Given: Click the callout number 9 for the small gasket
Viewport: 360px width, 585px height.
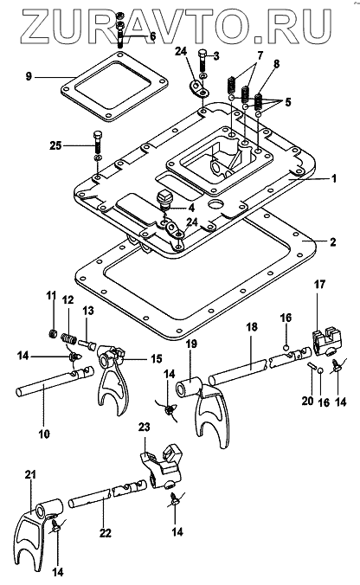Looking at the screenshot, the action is (29, 77).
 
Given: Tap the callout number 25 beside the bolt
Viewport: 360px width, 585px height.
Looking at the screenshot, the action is (56, 145).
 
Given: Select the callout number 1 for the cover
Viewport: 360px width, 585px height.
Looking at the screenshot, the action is (334, 178).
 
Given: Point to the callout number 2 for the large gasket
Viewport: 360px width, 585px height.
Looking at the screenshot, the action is (333, 241).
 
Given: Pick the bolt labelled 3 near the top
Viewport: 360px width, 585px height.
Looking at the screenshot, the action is (202, 61).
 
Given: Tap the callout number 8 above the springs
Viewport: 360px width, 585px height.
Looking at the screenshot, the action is (276, 64).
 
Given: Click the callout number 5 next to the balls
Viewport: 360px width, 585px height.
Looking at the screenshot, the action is (287, 102).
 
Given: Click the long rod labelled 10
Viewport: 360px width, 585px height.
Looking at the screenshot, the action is (55, 382).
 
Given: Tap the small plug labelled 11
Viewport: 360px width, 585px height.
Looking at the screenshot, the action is (53, 333).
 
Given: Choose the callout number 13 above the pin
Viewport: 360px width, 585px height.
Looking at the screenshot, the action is (89, 311).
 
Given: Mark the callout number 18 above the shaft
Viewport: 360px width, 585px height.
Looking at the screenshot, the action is (252, 327).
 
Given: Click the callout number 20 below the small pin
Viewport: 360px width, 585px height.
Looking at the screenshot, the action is (308, 401).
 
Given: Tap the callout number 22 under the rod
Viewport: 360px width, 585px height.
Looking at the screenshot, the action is (106, 534).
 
